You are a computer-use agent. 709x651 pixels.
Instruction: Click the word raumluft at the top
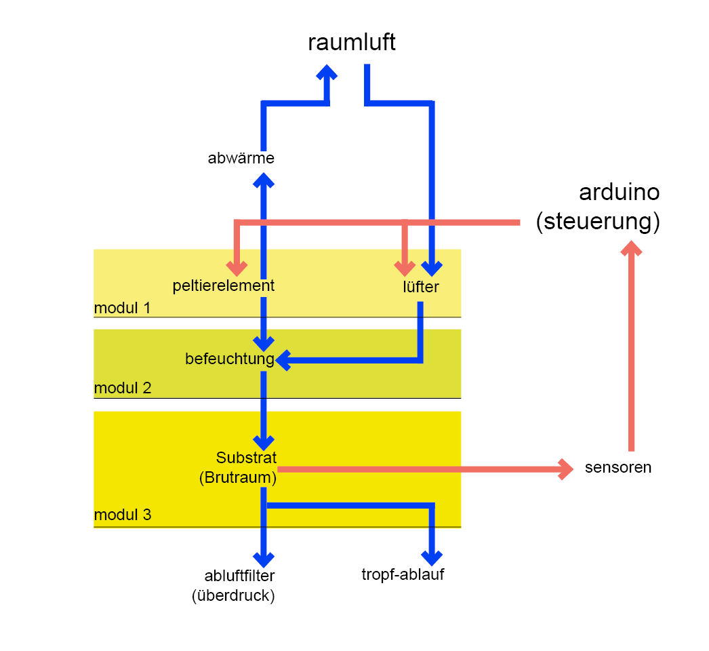coord(351,43)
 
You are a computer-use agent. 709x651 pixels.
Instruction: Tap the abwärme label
coord(241,159)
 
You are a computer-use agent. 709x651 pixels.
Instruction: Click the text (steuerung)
coord(597,222)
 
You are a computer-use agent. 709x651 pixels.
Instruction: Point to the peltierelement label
coord(224,285)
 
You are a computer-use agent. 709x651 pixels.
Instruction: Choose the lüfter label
coord(420,287)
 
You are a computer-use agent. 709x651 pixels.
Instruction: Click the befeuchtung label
coord(229,359)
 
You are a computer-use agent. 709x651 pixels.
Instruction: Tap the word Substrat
coord(246,458)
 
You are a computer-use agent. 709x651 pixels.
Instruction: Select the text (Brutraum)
coord(238,477)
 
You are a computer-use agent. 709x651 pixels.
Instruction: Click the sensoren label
coord(617,467)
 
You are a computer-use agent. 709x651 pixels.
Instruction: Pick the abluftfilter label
coord(239,576)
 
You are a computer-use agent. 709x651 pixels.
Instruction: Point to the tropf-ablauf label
coord(403,576)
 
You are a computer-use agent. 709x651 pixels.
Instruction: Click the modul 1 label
coord(122,308)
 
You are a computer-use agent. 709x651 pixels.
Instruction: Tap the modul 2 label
coord(122,389)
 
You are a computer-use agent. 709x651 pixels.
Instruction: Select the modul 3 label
coord(122,515)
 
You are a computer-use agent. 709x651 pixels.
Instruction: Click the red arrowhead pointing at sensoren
coord(565,469)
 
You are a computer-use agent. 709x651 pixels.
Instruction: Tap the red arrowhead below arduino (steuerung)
coord(631,250)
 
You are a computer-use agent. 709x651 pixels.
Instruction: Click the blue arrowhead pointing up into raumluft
coord(327,73)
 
